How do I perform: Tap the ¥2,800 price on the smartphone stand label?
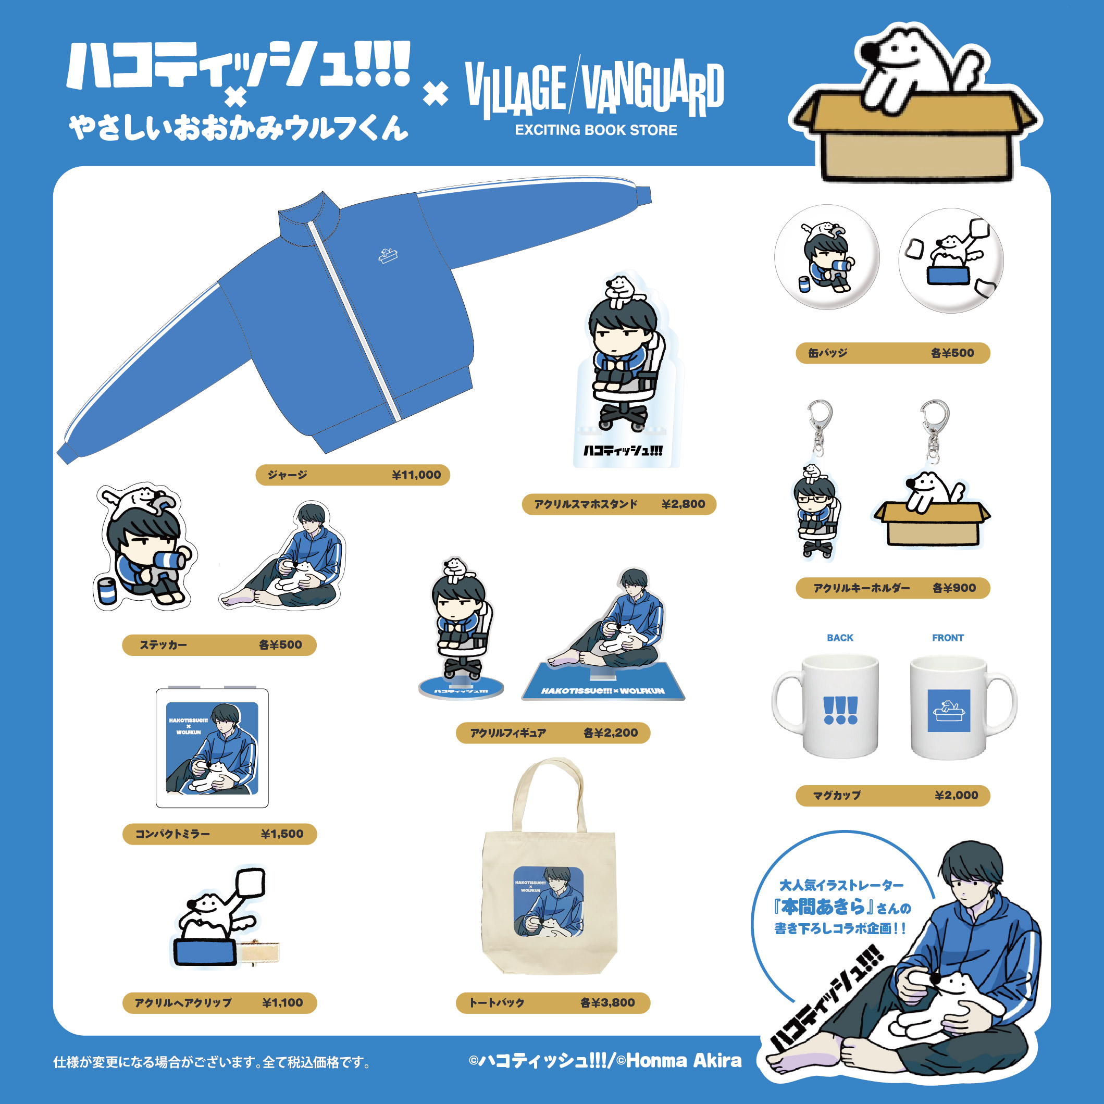pyautogui.click(x=683, y=504)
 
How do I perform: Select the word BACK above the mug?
pyautogui.click(x=839, y=638)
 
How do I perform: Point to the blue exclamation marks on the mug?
pyautogui.click(x=840, y=710)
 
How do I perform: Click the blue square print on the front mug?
pyautogui.click(x=949, y=710)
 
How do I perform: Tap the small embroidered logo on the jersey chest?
pyautogui.click(x=388, y=256)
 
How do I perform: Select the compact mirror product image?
pyautogui.click(x=212, y=748)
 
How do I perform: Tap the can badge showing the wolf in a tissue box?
pyautogui.click(x=951, y=261)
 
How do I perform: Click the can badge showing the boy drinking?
pyautogui.click(x=827, y=257)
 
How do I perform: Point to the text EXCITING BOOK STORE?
pyautogui.click(x=596, y=130)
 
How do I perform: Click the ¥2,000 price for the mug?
pyautogui.click(x=957, y=795)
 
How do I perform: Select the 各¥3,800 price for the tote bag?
pyautogui.click(x=607, y=1002)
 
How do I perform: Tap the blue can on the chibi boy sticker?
pyautogui.click(x=107, y=591)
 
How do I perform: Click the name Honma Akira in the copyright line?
pyautogui.click(x=684, y=1061)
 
